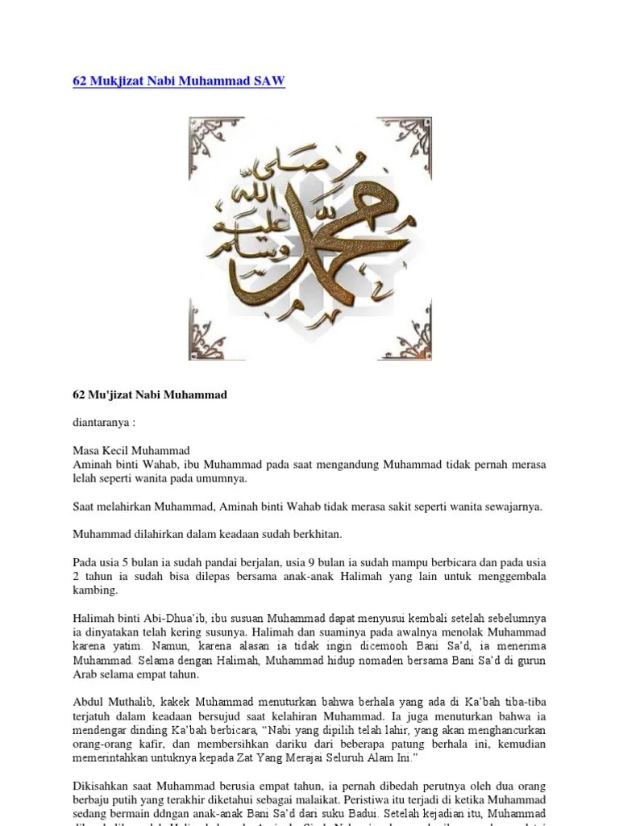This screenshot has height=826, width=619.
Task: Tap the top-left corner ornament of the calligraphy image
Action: (212, 140)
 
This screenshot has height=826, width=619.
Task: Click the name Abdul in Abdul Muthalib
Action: (88, 702)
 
